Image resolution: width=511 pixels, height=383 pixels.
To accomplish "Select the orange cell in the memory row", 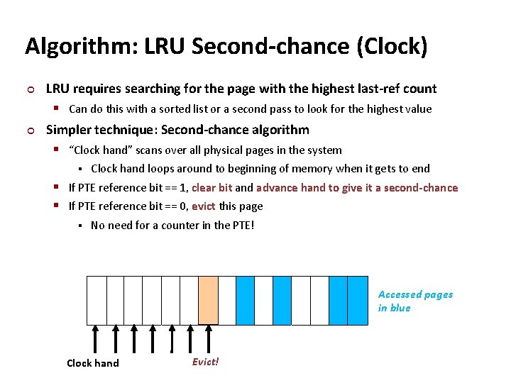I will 208,300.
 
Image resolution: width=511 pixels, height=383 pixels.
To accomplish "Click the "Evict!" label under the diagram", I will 205,362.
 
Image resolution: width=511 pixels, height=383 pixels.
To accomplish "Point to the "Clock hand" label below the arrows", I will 93,363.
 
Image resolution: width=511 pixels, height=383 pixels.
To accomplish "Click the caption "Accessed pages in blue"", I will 414,301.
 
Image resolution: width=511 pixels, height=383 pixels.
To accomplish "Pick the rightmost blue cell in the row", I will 357,300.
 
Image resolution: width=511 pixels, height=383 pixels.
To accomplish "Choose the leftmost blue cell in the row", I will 245,300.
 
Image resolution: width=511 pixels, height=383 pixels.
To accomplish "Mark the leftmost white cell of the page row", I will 96,300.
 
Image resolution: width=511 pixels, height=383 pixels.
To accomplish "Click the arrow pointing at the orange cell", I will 207,339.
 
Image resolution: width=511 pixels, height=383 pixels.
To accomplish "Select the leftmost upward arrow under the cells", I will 96,339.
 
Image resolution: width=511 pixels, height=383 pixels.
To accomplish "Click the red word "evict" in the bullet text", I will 204,206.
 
